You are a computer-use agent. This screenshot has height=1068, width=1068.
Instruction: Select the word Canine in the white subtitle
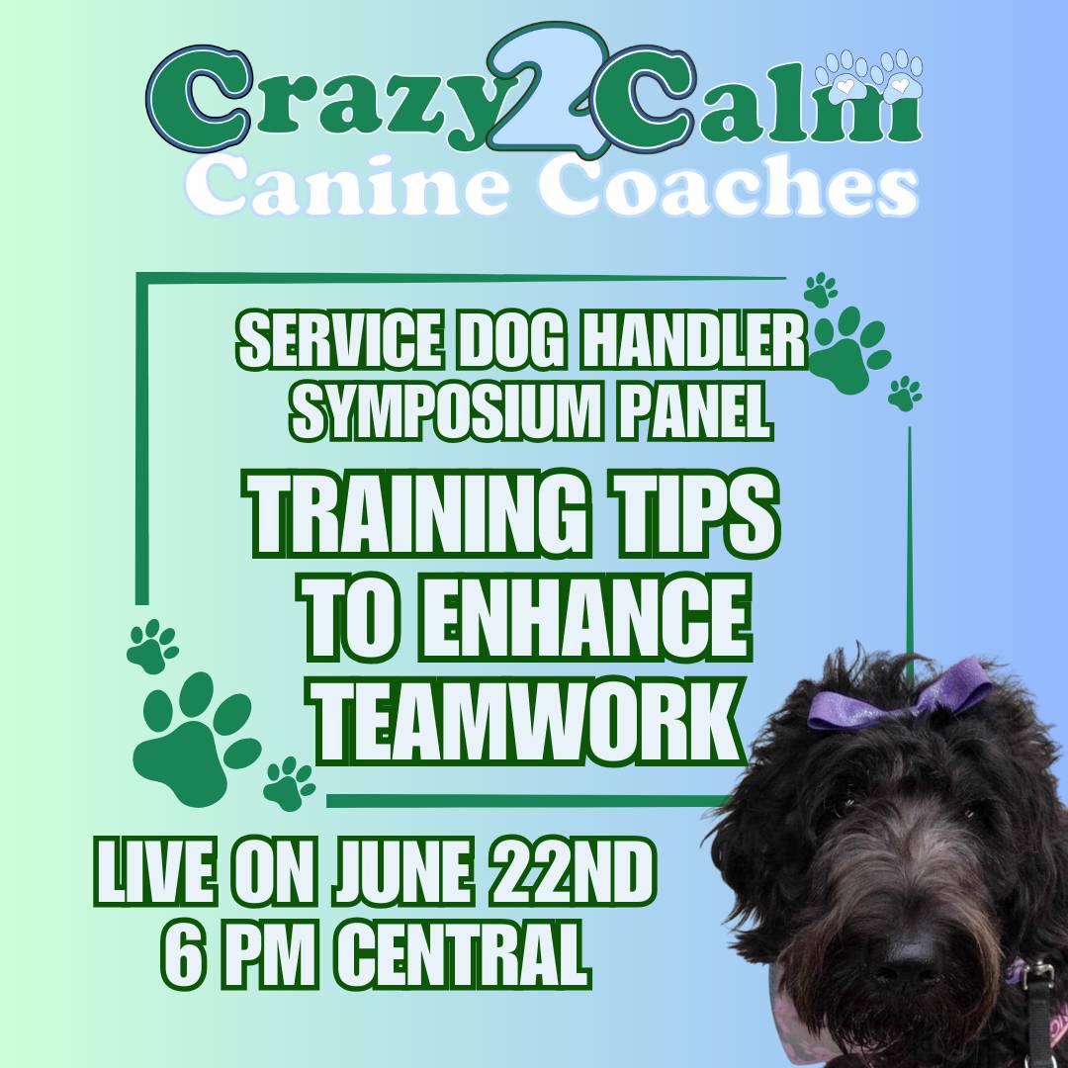tap(347, 184)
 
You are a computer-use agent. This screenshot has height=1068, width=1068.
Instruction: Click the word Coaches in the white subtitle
tap(729, 184)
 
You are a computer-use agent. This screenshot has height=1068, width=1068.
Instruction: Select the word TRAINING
tap(414, 513)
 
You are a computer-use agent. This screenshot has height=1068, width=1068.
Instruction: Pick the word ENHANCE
tap(584, 618)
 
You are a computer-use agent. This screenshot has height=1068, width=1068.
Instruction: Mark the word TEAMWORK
tap(528, 721)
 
